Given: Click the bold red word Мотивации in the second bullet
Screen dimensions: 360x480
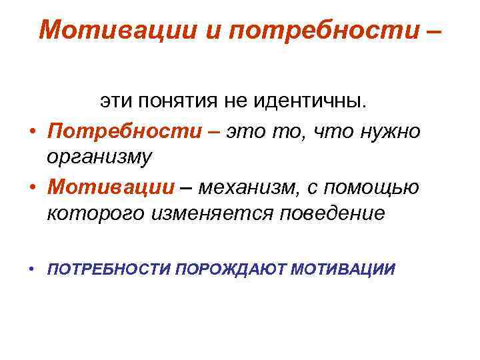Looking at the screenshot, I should tap(107, 188).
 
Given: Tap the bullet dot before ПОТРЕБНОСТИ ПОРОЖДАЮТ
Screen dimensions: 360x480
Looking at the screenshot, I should tap(31, 270).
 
